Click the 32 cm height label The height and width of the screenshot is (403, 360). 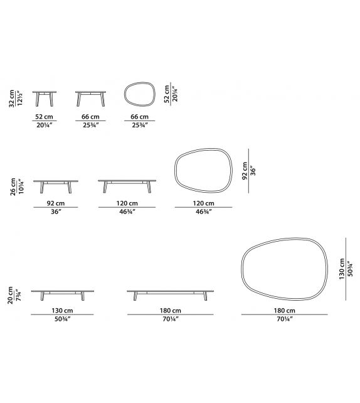click(x=11, y=99)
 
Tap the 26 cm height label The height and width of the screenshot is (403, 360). click(x=11, y=186)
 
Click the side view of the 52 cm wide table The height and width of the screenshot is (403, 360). click(x=45, y=98)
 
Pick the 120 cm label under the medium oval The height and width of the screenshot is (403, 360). click(x=204, y=203)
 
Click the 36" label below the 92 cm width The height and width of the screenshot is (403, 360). click(x=55, y=212)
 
